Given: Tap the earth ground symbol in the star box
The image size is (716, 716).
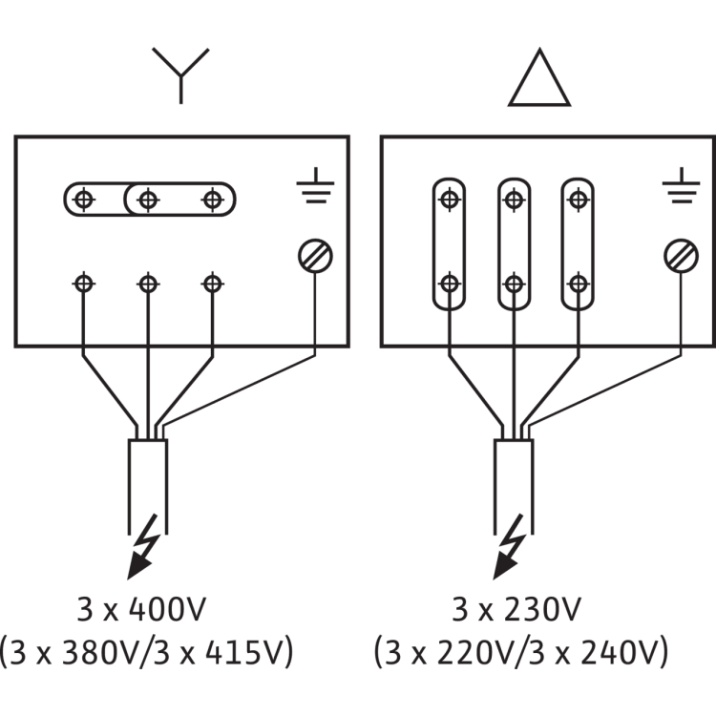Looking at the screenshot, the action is pos(315,185).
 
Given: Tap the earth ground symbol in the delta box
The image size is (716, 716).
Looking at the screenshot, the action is pos(681,185).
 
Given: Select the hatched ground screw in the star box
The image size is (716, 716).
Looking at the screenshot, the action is pos(315,256).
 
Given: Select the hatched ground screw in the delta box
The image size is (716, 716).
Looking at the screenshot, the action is pos(681,256).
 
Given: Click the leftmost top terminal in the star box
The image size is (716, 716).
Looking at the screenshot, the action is pos(84,200).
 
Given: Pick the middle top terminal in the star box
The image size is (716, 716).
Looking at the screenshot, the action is pos(148,200).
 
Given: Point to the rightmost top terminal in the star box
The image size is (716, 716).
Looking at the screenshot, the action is pos(213,200).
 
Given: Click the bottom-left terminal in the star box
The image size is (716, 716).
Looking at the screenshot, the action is pos(84,284).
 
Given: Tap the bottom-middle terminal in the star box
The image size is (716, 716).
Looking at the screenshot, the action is pos(148,284).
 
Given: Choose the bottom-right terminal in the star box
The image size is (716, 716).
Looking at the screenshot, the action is pos(213,284).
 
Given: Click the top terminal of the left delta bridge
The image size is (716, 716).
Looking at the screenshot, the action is pos(450,200).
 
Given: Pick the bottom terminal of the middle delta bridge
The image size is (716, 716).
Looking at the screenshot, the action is pos(515,284).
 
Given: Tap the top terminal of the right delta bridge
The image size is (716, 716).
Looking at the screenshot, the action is pos(579,200).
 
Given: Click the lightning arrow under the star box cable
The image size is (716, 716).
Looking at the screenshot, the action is pos(145,548).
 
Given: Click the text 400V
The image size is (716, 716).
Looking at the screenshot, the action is pos(168,609).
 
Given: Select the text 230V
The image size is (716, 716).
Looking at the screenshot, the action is pos(542,609).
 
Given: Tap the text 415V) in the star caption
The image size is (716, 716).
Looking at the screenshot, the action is pos(249,653).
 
